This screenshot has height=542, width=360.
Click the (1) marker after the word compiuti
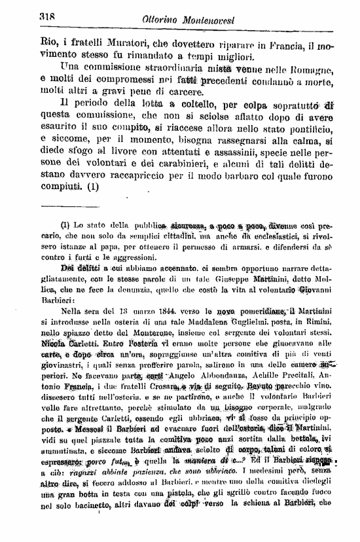[x=93, y=187]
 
